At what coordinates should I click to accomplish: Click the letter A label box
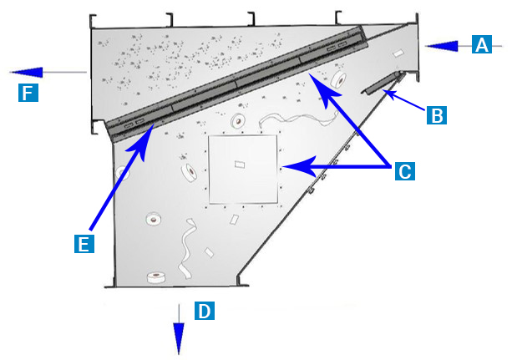coord(482,44)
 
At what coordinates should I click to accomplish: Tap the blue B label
coord(437,115)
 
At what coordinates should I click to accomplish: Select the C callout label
coord(405,171)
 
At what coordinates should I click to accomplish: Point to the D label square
coord(205,311)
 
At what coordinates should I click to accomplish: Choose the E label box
coord(84,243)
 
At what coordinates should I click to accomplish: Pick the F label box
coord(28,93)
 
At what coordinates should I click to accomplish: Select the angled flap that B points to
coord(382,84)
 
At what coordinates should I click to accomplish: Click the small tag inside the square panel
coord(240,164)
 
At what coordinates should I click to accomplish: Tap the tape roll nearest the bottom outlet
coord(155,277)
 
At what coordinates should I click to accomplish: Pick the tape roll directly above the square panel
coord(238,121)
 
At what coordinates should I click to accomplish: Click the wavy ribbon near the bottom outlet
coord(187,249)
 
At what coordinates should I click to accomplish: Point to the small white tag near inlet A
coord(398,53)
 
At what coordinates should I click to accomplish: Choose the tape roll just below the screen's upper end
coord(338,79)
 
